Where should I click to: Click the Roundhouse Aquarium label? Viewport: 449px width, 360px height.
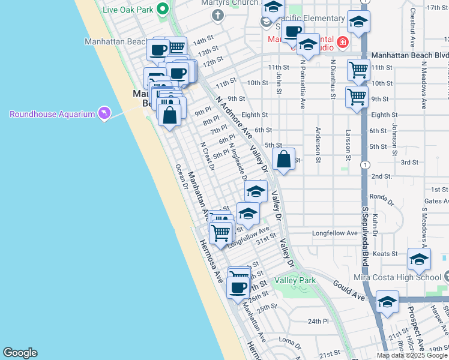pyautogui.click(x=52, y=114)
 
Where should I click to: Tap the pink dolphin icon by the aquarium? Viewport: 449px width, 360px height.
pyautogui.click(x=106, y=113)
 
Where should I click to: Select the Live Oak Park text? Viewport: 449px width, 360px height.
pyautogui.click(x=127, y=10)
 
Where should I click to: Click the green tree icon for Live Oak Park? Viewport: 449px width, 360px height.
pyautogui.click(x=161, y=9)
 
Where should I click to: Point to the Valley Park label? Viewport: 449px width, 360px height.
pyautogui.click(x=295, y=280)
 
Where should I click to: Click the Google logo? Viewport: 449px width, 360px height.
pyautogui.click(x=20, y=353)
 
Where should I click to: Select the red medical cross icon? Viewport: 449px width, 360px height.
pyautogui.click(x=342, y=42)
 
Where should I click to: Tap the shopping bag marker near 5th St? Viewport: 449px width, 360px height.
pyautogui.click(x=284, y=160)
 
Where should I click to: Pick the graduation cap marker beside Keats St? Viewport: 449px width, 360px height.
pyautogui.click(x=419, y=259)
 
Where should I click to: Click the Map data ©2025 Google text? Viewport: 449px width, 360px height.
pyautogui.click(x=412, y=355)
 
